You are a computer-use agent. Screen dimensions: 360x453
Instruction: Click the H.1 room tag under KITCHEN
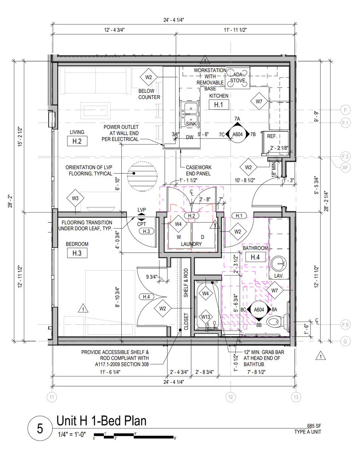click(x=218, y=105)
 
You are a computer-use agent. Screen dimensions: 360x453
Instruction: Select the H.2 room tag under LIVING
click(x=77, y=141)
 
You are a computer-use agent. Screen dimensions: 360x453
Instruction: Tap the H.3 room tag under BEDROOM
click(x=77, y=253)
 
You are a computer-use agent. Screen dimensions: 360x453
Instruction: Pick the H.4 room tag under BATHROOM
click(x=255, y=257)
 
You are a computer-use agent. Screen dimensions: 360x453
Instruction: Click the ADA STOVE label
click(x=238, y=77)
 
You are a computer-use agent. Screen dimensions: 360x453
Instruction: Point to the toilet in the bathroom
click(x=278, y=321)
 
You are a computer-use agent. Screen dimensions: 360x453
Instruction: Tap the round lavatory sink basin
click(x=278, y=264)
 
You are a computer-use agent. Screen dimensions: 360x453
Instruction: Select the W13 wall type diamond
click(x=205, y=317)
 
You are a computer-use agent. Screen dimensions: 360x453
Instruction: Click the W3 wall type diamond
click(x=75, y=198)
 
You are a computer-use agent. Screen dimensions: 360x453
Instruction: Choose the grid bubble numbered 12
click(x=230, y=397)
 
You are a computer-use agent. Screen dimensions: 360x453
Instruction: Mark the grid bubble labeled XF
click(x=345, y=168)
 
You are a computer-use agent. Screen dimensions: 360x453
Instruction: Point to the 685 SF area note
click(x=314, y=426)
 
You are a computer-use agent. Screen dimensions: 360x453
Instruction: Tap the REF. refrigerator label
click(x=272, y=136)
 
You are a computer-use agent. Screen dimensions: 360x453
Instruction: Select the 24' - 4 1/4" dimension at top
click(x=174, y=20)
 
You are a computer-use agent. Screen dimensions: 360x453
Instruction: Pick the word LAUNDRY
click(x=191, y=244)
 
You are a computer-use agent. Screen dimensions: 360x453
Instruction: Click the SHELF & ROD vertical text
click(x=186, y=283)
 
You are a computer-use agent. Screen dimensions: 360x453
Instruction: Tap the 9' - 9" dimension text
click(x=317, y=117)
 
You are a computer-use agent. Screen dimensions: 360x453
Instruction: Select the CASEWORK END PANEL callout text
click(x=198, y=171)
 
